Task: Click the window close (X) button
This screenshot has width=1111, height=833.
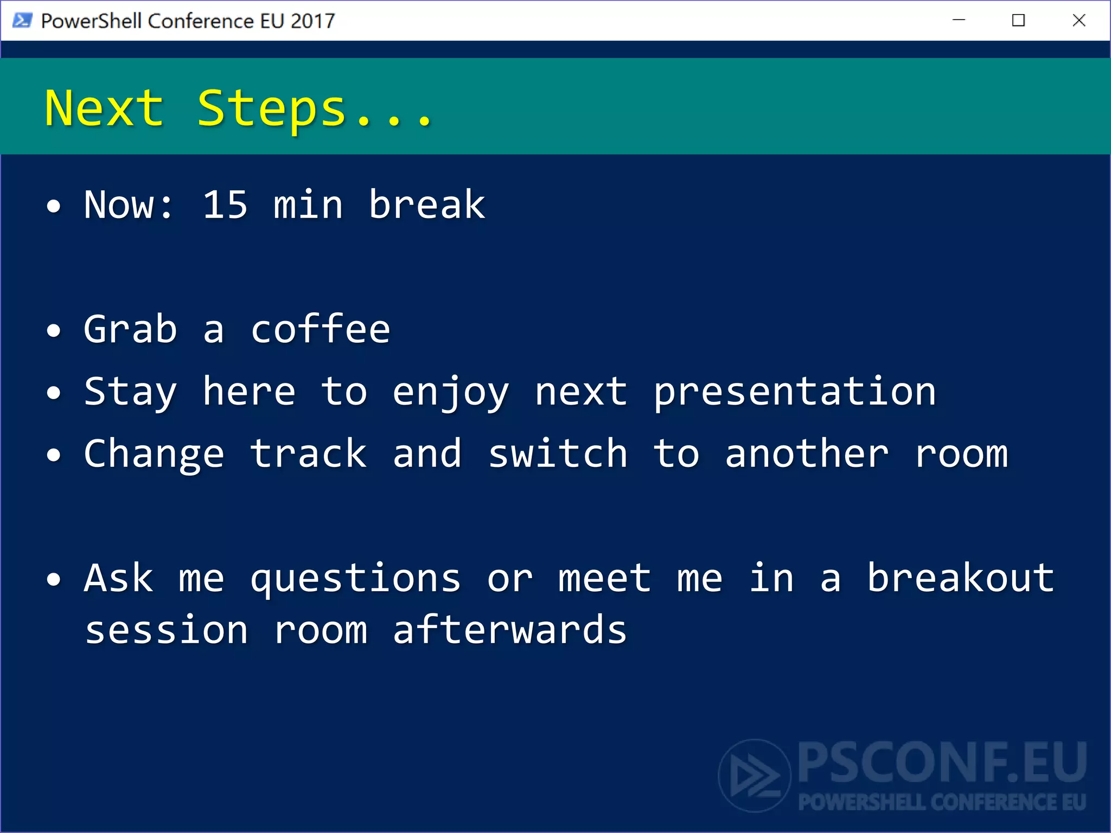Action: coord(1079,21)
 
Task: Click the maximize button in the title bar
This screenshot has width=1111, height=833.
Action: coord(1018,21)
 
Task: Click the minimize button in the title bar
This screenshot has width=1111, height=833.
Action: coord(959,21)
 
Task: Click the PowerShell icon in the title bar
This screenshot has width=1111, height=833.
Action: coord(22,21)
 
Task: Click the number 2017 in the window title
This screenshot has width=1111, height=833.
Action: coord(312,21)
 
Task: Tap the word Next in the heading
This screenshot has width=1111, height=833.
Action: coord(104,108)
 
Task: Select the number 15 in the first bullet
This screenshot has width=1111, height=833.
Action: coord(225,205)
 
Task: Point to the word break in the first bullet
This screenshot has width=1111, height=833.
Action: coord(427,205)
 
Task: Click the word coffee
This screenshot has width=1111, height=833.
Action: coord(320,329)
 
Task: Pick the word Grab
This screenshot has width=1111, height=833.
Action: coord(130,329)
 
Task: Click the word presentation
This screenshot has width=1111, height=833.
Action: coord(795,392)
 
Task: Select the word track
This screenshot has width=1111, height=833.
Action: coord(308,454)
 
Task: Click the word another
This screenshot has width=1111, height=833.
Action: coord(807,454)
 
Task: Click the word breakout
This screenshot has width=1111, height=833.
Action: coord(961,578)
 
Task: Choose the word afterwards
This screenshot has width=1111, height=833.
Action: coord(510,630)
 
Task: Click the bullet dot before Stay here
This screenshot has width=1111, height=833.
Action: coord(54,392)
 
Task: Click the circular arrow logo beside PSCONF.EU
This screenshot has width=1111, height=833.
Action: coord(755,776)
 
